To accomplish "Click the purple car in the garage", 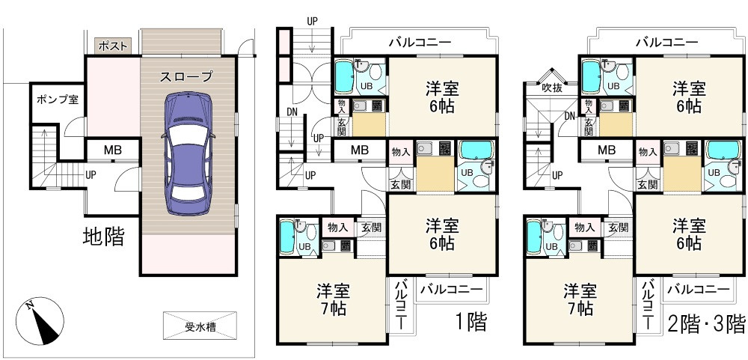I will pyautogui.click(x=187, y=153).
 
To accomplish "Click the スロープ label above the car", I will pyautogui.click(x=186, y=76).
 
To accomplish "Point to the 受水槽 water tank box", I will pyautogui.click(x=200, y=326).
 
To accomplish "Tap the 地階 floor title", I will pyautogui.click(x=103, y=238).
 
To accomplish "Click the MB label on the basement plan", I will pyautogui.click(x=112, y=150).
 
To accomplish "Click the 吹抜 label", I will pyautogui.click(x=552, y=87).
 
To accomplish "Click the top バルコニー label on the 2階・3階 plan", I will pyautogui.click(x=666, y=43).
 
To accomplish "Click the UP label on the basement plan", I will pyautogui.click(x=91, y=175).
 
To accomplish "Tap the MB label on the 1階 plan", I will pyautogui.click(x=360, y=150).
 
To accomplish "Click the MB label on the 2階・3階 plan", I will pyautogui.click(x=606, y=150).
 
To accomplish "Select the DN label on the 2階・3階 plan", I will pyautogui.click(x=570, y=116).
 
